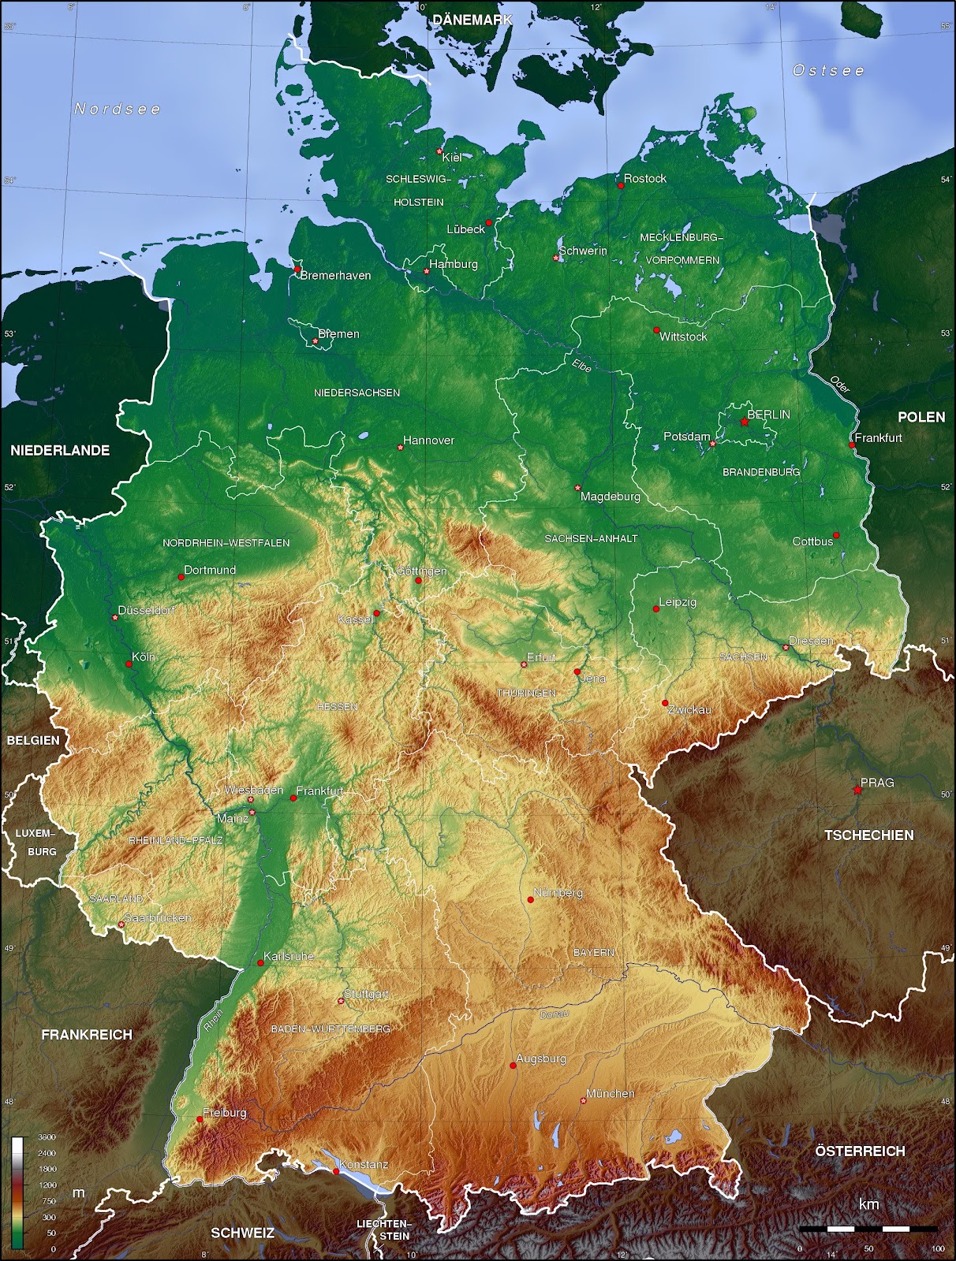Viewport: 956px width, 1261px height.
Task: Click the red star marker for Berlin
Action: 744,422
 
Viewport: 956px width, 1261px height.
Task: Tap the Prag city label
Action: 877,783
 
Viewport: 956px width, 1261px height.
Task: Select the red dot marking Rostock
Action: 621,185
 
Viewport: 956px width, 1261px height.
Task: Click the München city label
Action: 611,1094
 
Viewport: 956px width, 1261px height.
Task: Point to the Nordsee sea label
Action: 118,109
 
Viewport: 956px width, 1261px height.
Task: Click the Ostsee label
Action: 828,70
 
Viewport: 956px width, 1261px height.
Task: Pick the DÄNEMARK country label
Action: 472,20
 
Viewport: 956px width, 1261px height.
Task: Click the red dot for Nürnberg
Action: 531,900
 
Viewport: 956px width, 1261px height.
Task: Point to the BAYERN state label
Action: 593,953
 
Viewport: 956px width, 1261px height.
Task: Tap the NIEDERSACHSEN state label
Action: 357,392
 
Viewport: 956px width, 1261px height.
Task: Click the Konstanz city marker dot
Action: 336,1171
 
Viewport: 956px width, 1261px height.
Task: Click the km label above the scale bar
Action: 868,1204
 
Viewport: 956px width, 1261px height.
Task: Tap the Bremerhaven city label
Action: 335,276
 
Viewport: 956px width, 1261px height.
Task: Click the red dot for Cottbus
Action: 836,535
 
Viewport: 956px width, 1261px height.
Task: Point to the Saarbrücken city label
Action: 158,918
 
